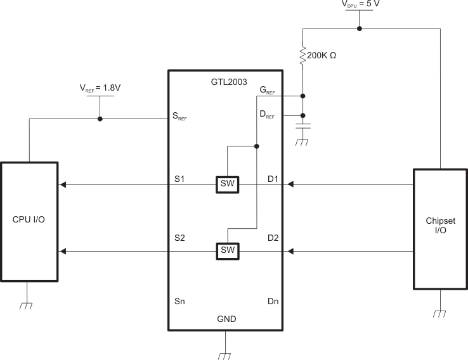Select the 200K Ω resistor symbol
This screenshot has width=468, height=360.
pos(302,56)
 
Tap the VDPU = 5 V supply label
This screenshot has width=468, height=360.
pos(360,6)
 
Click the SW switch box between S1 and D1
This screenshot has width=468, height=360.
pos(227,184)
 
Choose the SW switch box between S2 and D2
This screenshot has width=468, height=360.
pos(227,251)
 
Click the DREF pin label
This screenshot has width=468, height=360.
pos(268,114)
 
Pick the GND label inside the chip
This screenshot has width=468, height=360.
pos(226,319)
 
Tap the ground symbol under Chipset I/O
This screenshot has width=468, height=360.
pos(441,312)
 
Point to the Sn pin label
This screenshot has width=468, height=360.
pos(179,302)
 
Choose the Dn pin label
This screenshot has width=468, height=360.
pos(273,302)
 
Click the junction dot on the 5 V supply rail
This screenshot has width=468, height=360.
pos(360,29)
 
